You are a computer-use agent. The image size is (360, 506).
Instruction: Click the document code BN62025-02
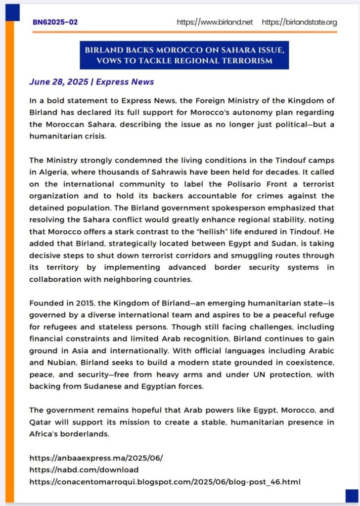coord(55,22)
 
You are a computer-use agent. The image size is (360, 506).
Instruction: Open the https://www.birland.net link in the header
coord(215,22)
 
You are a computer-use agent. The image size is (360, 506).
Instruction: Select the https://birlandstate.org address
coord(299,22)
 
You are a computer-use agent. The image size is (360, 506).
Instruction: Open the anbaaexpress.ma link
coord(96,458)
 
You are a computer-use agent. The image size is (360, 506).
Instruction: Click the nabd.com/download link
coord(84,470)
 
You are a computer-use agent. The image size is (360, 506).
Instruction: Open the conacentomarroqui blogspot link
coord(165,481)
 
